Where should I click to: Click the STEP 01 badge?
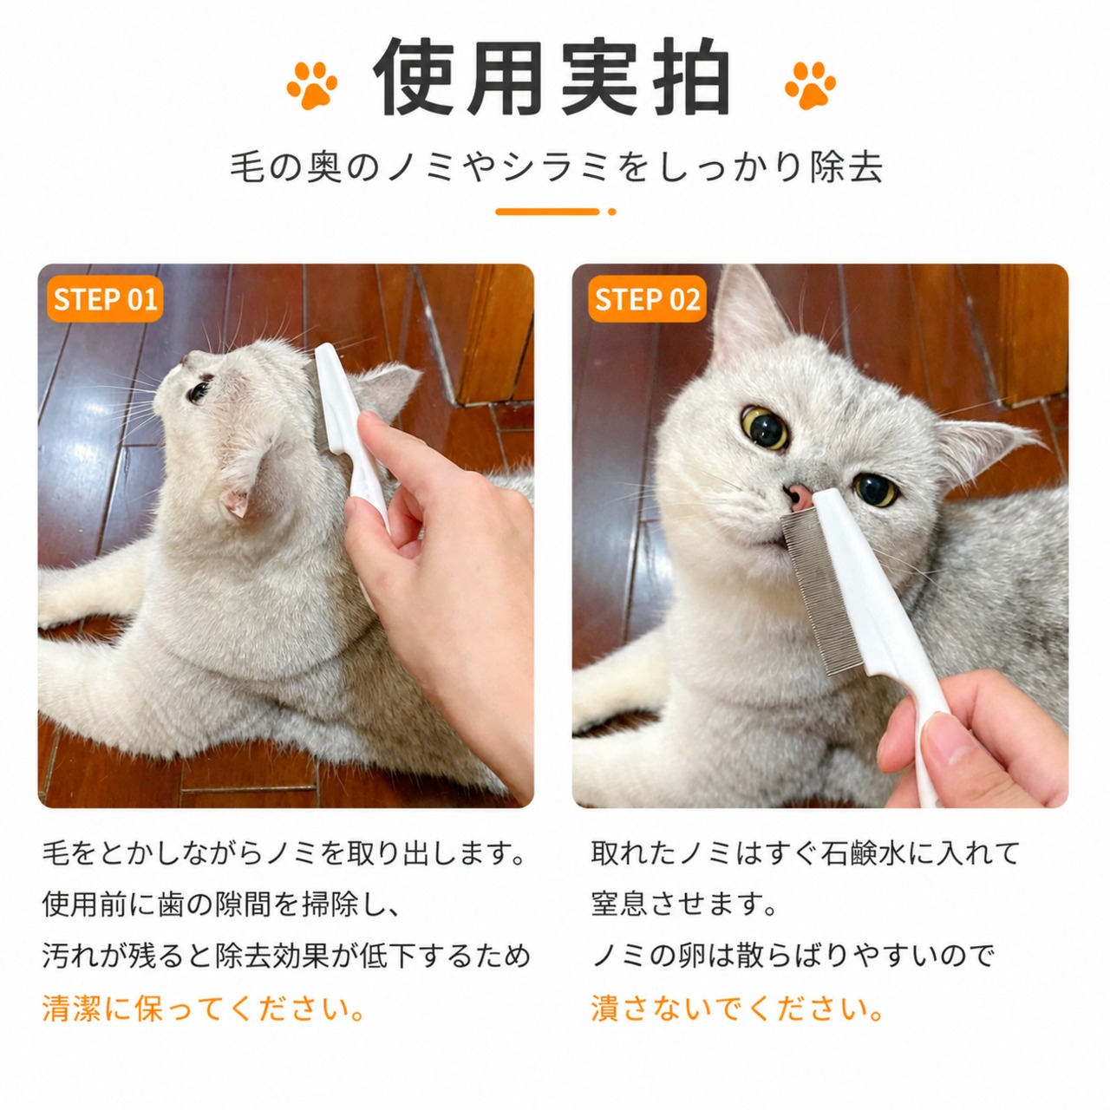[105, 299]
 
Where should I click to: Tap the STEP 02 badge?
[647, 299]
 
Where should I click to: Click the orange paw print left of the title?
[312, 85]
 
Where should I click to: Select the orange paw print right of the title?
[810, 85]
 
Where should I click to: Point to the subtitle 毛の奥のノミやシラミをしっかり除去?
[557, 167]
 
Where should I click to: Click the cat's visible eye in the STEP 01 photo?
[199, 392]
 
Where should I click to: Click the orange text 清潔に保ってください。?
[204, 1009]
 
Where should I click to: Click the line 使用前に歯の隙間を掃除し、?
[221, 904]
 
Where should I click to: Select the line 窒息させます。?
[684, 904]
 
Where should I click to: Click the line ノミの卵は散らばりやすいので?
[793, 957]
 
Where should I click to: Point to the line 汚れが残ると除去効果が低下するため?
[285, 957]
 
